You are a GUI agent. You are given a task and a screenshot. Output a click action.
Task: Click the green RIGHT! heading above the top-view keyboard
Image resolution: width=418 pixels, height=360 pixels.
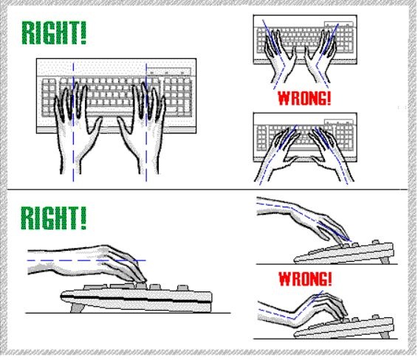click(x=54, y=32)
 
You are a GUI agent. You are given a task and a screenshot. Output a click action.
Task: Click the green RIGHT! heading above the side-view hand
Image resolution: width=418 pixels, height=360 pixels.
click(x=54, y=218)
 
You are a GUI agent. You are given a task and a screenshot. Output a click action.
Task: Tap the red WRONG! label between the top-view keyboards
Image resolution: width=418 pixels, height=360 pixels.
click(x=304, y=98)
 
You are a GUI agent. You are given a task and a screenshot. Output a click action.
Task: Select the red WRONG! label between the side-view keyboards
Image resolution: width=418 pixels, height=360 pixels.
click(x=305, y=279)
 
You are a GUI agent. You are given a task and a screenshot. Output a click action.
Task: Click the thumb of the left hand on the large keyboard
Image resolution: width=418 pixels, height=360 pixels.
click(x=97, y=125)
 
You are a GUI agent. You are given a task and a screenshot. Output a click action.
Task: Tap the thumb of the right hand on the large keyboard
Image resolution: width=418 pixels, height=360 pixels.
click(x=123, y=125)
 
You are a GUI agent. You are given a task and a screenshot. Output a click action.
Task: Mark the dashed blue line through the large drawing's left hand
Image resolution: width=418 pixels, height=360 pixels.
click(x=73, y=122)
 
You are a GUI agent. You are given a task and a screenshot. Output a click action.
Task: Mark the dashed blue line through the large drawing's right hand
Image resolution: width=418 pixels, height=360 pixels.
click(x=146, y=122)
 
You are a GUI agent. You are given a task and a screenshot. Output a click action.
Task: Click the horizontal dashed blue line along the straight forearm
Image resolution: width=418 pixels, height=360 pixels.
click(x=86, y=260)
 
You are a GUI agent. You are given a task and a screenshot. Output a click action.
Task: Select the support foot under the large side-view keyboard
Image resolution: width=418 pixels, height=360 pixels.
click(x=77, y=308)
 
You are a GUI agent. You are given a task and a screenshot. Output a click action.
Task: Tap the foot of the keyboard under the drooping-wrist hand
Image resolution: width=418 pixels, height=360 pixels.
click(x=385, y=260)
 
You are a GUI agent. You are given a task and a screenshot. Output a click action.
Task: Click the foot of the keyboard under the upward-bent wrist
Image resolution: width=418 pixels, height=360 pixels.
click(x=385, y=334)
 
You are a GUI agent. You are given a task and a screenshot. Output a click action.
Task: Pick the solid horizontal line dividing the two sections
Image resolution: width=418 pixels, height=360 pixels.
click(x=208, y=190)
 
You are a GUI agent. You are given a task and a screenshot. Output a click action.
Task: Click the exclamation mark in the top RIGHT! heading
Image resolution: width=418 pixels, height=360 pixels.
click(x=83, y=32)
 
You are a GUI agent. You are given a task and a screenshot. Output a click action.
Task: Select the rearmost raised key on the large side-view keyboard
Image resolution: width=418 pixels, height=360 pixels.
click(x=182, y=288)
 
